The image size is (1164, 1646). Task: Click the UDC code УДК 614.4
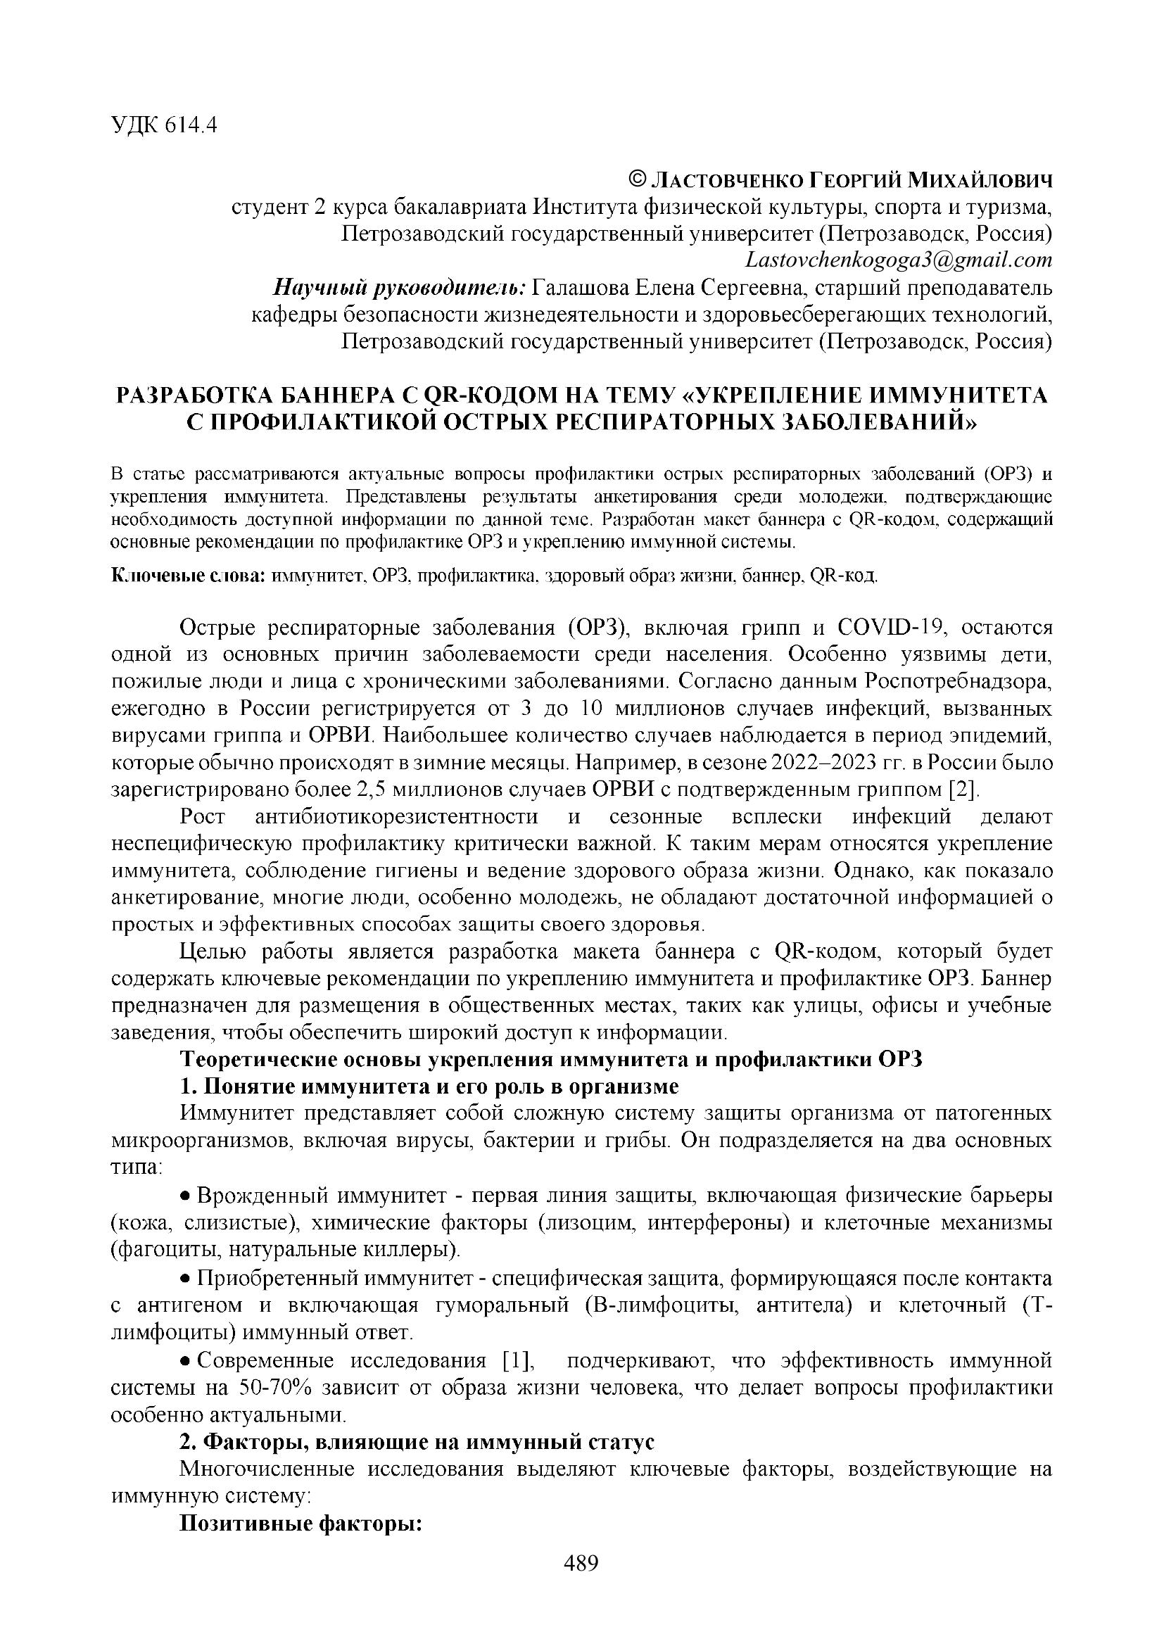163,125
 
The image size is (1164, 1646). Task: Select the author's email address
898,260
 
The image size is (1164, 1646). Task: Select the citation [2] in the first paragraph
962,790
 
